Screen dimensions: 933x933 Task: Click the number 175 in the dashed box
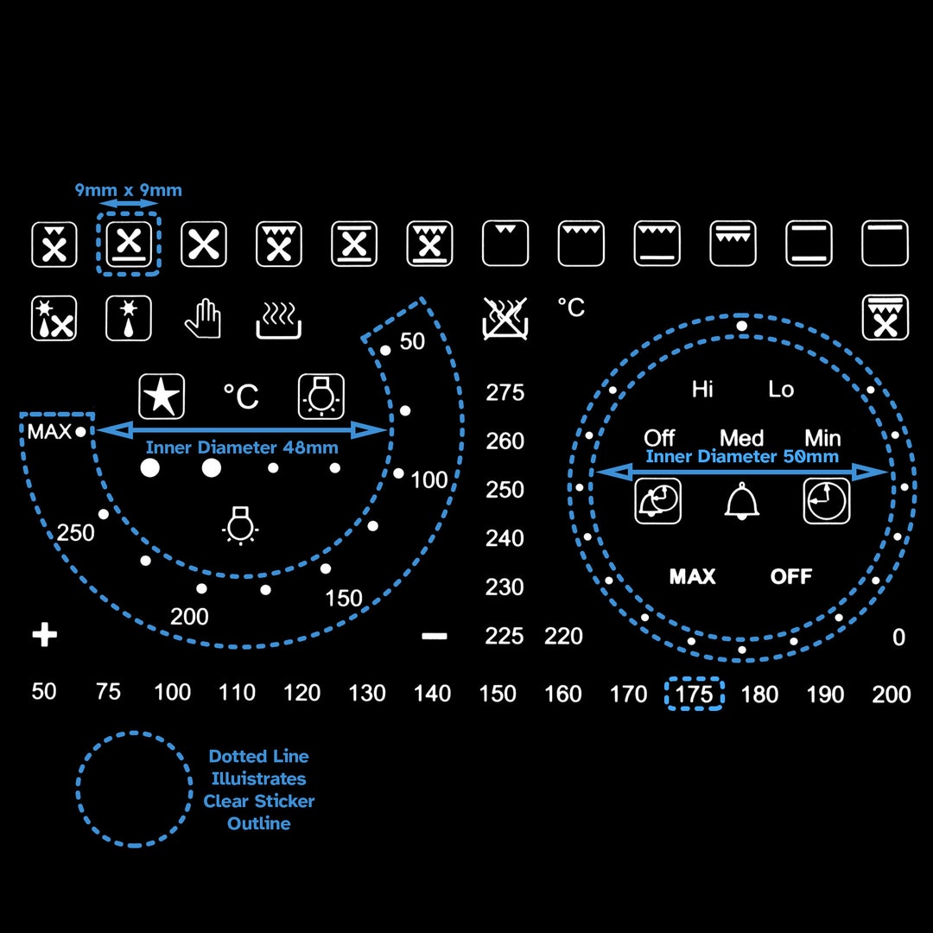click(694, 694)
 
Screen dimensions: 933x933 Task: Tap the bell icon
click(741, 501)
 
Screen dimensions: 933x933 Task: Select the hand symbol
click(203, 318)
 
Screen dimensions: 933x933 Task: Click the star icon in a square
click(162, 397)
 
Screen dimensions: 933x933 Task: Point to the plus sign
click(45, 635)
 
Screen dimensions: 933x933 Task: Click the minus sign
click(435, 636)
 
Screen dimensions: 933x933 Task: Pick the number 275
click(505, 392)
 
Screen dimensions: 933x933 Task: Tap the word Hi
click(702, 389)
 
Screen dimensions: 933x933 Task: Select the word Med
click(741, 438)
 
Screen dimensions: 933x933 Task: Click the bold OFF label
click(790, 576)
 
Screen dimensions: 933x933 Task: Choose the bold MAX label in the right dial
click(692, 576)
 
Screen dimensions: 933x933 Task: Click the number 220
click(563, 636)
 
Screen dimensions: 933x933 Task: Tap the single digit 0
click(898, 638)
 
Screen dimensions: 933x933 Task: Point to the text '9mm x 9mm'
click(129, 190)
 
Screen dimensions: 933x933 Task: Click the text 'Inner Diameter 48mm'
click(242, 447)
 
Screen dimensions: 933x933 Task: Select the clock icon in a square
click(827, 501)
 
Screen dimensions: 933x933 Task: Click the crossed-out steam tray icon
click(505, 318)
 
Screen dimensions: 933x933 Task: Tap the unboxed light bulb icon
click(240, 525)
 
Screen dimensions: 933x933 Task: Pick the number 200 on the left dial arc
click(189, 617)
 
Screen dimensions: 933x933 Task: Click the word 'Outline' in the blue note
click(259, 823)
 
